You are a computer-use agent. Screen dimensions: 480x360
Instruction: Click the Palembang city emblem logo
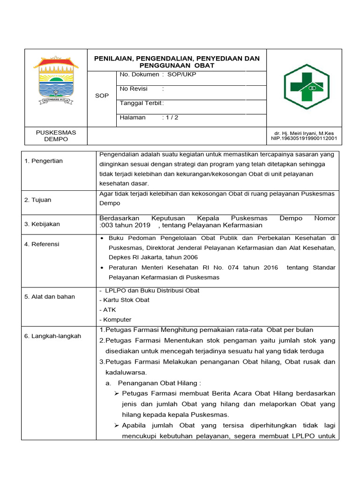click(55, 81)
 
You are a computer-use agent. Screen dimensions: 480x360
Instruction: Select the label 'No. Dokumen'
click(139, 75)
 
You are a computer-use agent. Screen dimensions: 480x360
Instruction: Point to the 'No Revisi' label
click(134, 89)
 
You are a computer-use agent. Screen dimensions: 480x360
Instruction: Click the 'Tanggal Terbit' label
click(140, 103)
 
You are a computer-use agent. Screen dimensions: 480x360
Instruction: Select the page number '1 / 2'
click(171, 118)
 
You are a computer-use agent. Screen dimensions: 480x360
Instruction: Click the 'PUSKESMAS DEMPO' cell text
click(56, 136)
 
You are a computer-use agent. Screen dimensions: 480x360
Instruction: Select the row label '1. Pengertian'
click(44, 161)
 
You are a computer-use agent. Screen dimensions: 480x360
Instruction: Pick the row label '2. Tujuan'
click(38, 200)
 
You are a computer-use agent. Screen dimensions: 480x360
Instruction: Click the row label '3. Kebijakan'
click(42, 224)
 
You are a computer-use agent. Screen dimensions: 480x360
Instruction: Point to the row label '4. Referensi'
click(42, 244)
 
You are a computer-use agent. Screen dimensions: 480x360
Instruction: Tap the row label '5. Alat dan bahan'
click(50, 296)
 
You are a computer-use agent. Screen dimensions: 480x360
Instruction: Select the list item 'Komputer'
click(117, 320)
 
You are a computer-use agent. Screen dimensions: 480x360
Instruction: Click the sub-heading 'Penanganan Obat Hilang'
click(159, 383)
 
